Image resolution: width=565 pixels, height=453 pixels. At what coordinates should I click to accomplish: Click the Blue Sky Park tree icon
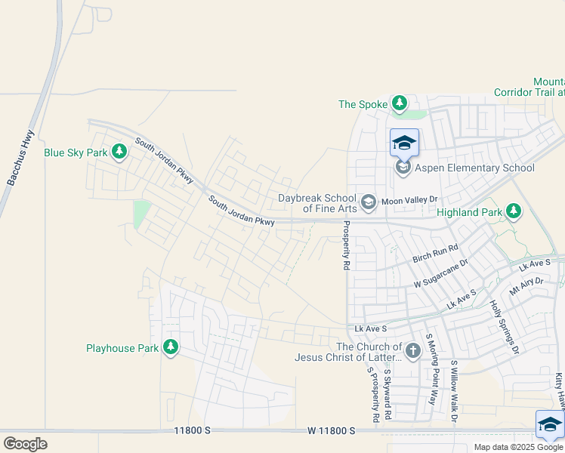[x=119, y=153]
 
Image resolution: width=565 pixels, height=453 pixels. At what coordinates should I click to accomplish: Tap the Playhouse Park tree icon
[x=171, y=347]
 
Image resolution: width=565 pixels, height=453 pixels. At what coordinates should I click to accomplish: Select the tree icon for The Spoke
[x=399, y=103]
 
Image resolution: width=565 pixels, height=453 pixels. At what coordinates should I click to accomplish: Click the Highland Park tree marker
[x=514, y=211]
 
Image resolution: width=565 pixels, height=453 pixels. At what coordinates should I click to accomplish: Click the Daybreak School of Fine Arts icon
[x=368, y=202]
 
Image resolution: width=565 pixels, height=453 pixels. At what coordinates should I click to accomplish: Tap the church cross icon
[x=412, y=350]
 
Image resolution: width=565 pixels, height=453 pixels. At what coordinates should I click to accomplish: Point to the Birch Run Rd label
[x=435, y=254]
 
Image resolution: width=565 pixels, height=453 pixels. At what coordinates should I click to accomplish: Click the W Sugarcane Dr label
[x=440, y=273]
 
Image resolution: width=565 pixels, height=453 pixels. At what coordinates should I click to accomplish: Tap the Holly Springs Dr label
[x=505, y=327]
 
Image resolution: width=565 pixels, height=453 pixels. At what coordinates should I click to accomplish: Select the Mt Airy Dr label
[x=526, y=285]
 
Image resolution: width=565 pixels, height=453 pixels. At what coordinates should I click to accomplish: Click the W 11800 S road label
[x=331, y=430]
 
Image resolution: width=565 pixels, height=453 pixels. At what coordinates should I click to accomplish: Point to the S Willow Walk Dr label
[x=455, y=390]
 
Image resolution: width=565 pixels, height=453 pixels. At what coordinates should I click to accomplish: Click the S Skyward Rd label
[x=387, y=394]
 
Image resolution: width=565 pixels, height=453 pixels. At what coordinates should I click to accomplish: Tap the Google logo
[x=25, y=444]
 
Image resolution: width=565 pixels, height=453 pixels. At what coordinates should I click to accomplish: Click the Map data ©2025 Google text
[x=519, y=447]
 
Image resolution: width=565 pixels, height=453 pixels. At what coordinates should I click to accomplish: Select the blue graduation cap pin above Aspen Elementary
[x=404, y=142]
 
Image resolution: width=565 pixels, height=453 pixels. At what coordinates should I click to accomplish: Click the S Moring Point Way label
[x=432, y=370]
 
